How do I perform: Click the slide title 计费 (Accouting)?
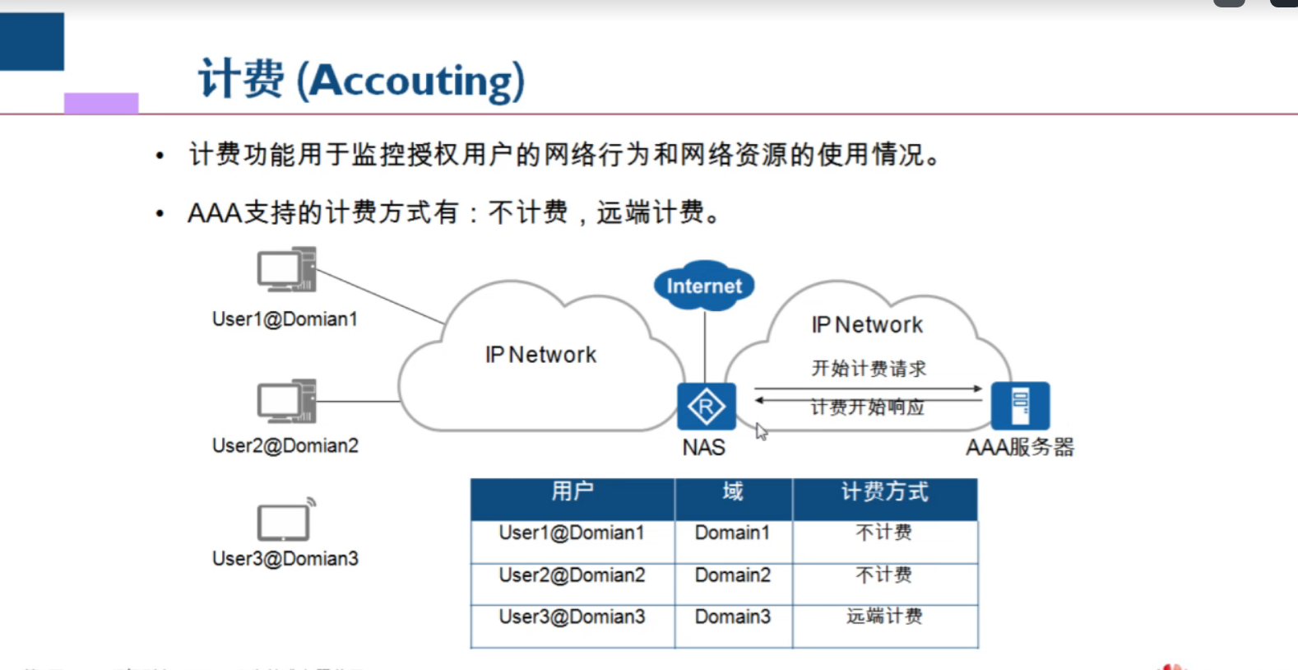tap(361, 80)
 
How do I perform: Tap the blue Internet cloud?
tap(704, 286)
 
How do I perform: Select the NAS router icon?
tap(706, 406)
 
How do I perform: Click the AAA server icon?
tap(1020, 405)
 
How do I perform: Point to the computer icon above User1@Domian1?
tap(286, 269)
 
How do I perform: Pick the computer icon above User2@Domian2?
tap(286, 402)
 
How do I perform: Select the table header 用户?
tap(573, 491)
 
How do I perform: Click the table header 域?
tap(733, 491)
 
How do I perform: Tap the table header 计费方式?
tap(884, 491)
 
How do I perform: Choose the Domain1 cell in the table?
tap(733, 533)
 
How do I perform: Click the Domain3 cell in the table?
tap(733, 616)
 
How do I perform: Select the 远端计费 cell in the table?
tap(884, 616)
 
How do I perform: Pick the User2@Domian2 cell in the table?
tap(573, 575)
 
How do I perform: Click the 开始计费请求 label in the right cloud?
tap(869, 368)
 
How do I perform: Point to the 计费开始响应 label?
tap(868, 407)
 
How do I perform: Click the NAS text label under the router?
tap(704, 448)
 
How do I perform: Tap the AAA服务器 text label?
tap(1020, 448)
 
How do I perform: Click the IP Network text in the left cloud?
tap(540, 355)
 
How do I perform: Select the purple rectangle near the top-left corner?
tap(101, 103)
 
